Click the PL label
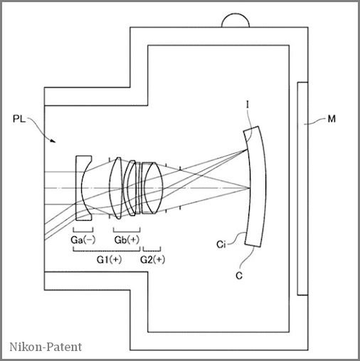pos(19,119)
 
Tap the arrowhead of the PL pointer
pos(53,140)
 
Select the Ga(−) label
pos(83,240)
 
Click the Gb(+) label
pos(127,240)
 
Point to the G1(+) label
pos(109,260)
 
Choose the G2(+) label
pos(153,260)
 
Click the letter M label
pos(332,119)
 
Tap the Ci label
pos(221,244)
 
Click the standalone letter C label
pos(239,276)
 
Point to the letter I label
pos(248,105)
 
